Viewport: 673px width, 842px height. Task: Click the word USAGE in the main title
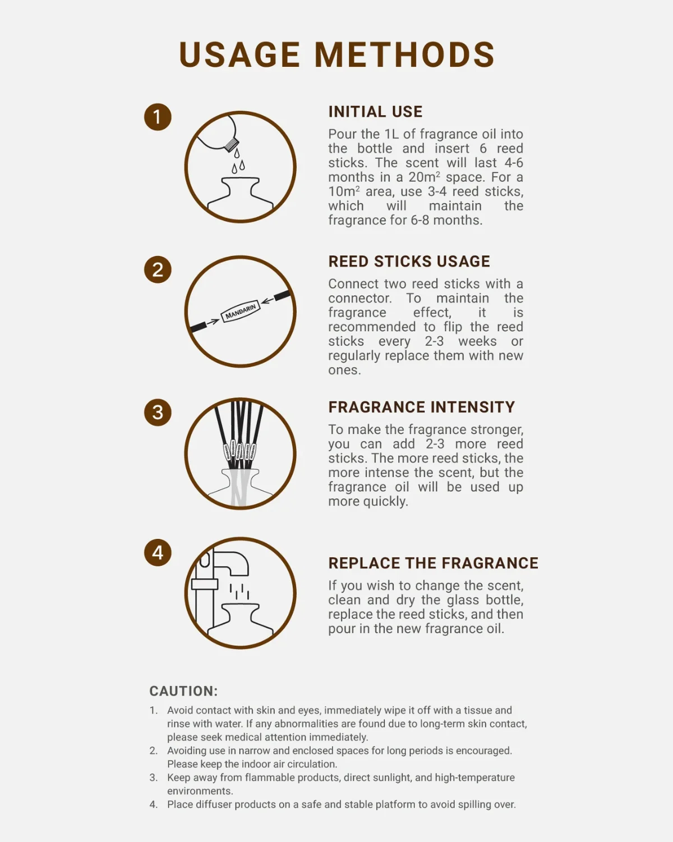coord(239,55)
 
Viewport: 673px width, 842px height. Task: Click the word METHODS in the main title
coord(405,55)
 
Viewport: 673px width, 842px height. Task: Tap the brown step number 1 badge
coord(158,117)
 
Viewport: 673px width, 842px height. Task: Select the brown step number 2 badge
coord(158,269)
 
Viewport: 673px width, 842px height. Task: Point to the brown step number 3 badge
coord(158,413)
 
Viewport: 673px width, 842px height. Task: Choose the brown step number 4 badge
coord(158,552)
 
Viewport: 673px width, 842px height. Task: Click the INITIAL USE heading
coord(375,112)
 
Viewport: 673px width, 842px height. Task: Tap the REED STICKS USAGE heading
coord(409,262)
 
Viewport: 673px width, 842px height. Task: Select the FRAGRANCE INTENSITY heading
coord(422,408)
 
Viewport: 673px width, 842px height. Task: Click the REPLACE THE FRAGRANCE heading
coord(434,563)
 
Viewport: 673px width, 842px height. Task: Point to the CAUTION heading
coord(183,691)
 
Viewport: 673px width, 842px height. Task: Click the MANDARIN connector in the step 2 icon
coord(241,312)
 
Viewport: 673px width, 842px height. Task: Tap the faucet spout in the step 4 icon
coord(231,564)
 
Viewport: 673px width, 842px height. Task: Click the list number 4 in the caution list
coord(153,804)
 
